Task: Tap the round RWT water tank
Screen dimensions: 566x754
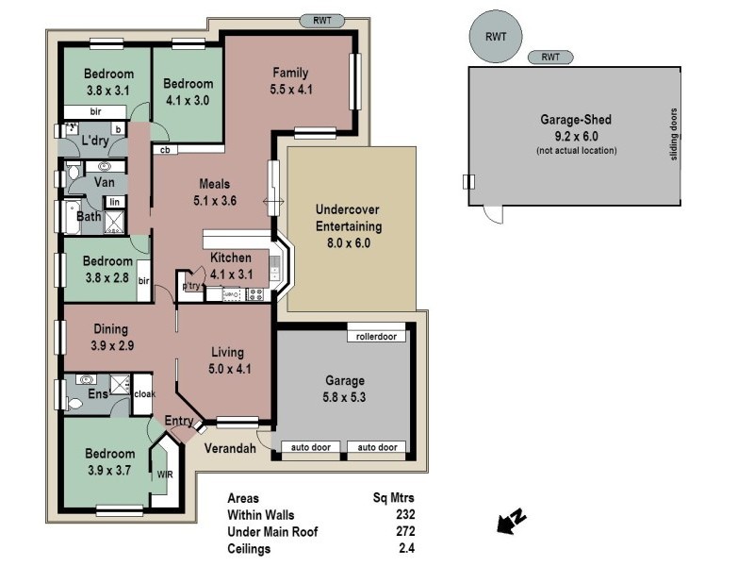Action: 496,38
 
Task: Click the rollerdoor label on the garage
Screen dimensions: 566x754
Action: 376,336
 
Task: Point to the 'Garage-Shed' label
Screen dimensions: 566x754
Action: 576,120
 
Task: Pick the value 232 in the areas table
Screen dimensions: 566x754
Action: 404,515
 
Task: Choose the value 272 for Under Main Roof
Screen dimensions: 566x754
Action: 404,531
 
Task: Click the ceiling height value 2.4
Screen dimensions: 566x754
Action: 406,547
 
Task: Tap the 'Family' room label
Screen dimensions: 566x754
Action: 291,73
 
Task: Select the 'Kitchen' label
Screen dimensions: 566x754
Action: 230,258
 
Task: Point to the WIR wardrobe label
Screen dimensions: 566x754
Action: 165,474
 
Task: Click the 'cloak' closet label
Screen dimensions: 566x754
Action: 143,394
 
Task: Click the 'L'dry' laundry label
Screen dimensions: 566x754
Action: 96,141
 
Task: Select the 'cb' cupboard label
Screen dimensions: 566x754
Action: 164,149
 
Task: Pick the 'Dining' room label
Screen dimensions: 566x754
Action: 112,329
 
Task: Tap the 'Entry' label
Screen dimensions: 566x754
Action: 179,421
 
